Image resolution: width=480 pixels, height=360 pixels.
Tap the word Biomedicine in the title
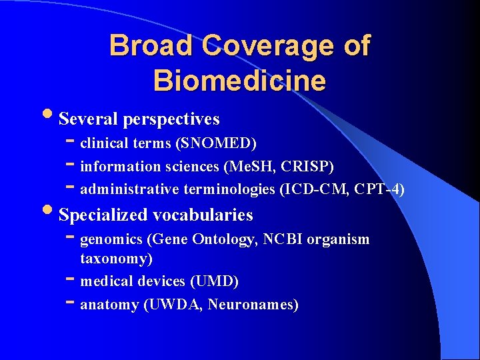(239, 80)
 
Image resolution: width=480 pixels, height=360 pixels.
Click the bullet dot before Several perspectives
(52, 117)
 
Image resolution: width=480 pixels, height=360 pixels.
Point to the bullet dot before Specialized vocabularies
(52, 213)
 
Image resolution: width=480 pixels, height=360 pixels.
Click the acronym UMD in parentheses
(213, 281)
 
